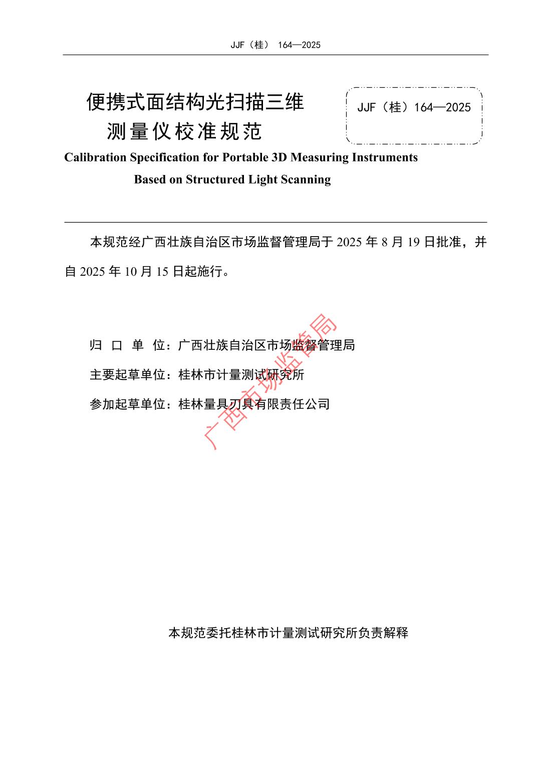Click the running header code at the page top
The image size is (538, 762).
pos(275,45)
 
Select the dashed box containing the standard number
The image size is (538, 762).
pos(414,115)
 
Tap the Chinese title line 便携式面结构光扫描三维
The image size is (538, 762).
pos(195,102)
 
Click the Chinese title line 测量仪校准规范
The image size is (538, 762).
pos(184,131)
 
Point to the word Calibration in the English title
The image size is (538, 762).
pos(95,157)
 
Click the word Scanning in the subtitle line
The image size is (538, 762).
pos(308,179)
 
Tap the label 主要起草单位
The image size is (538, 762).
pos(127,374)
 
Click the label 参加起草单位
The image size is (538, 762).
pos(127,404)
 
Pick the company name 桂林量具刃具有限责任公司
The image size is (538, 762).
pos(254,404)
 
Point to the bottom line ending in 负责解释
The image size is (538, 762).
pos(288,633)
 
